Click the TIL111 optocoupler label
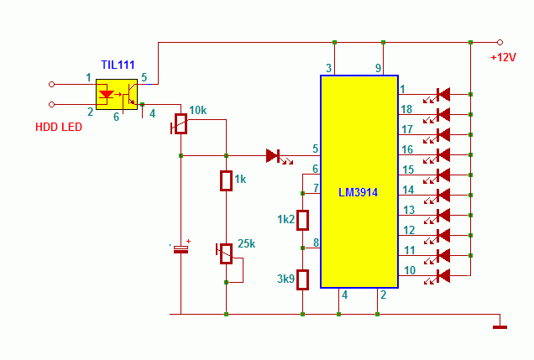coord(118,65)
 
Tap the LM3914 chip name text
coord(358,193)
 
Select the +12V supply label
coord(503,57)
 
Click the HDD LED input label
coord(59,127)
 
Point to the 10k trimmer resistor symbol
coord(181,124)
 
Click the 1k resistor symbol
coord(226,180)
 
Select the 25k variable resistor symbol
coord(226,253)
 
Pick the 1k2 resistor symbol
coord(302,221)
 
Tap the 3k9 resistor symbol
coord(302,279)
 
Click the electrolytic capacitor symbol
coord(181,249)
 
